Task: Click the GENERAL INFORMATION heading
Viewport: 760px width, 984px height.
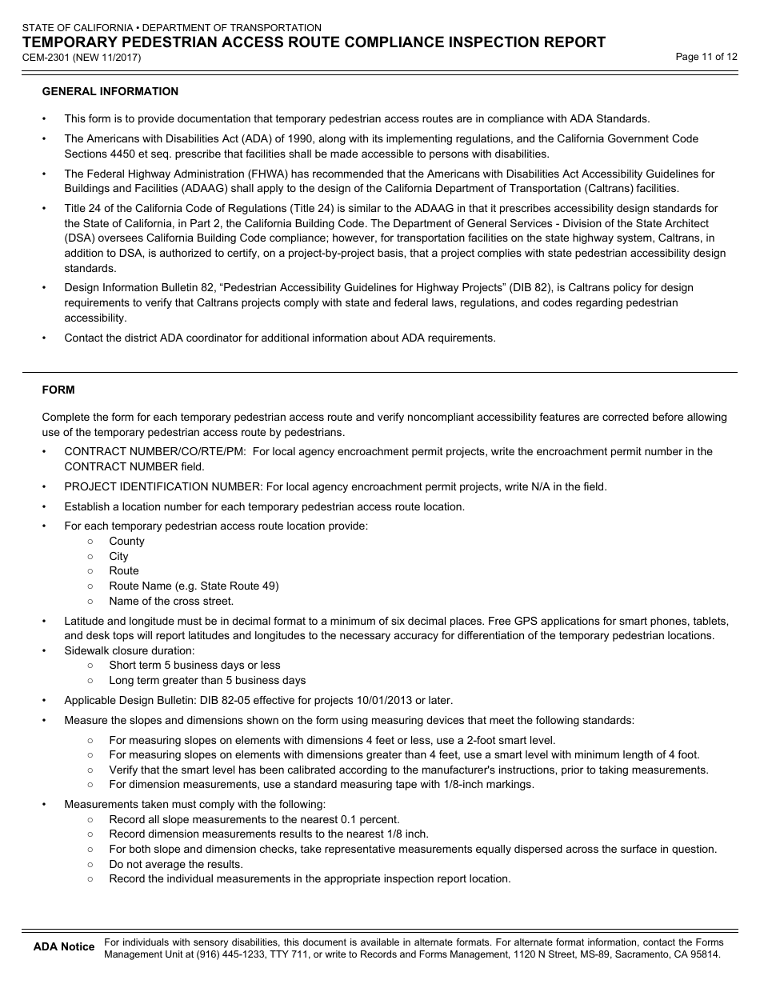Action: click(x=110, y=92)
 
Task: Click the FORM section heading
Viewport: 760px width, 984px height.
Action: click(x=58, y=390)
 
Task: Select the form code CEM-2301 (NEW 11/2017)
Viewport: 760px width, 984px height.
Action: click(x=82, y=58)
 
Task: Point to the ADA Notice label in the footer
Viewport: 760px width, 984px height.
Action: click(x=63, y=947)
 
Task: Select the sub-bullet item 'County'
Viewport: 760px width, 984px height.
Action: click(x=126, y=542)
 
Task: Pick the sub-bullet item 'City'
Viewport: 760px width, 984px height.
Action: click(x=118, y=557)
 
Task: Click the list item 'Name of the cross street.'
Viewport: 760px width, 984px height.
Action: click(x=171, y=602)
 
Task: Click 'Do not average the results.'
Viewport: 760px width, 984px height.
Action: click(x=176, y=865)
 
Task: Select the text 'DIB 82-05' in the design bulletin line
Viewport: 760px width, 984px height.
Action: click(x=210, y=700)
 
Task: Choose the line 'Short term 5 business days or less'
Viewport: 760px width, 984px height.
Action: click(x=194, y=666)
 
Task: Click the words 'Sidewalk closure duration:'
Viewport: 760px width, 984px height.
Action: click(x=130, y=651)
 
